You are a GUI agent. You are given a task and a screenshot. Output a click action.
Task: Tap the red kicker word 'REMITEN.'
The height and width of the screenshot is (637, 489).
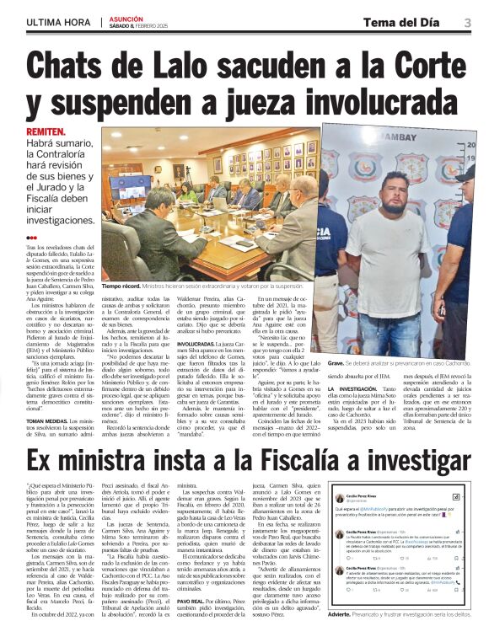click(x=46, y=133)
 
